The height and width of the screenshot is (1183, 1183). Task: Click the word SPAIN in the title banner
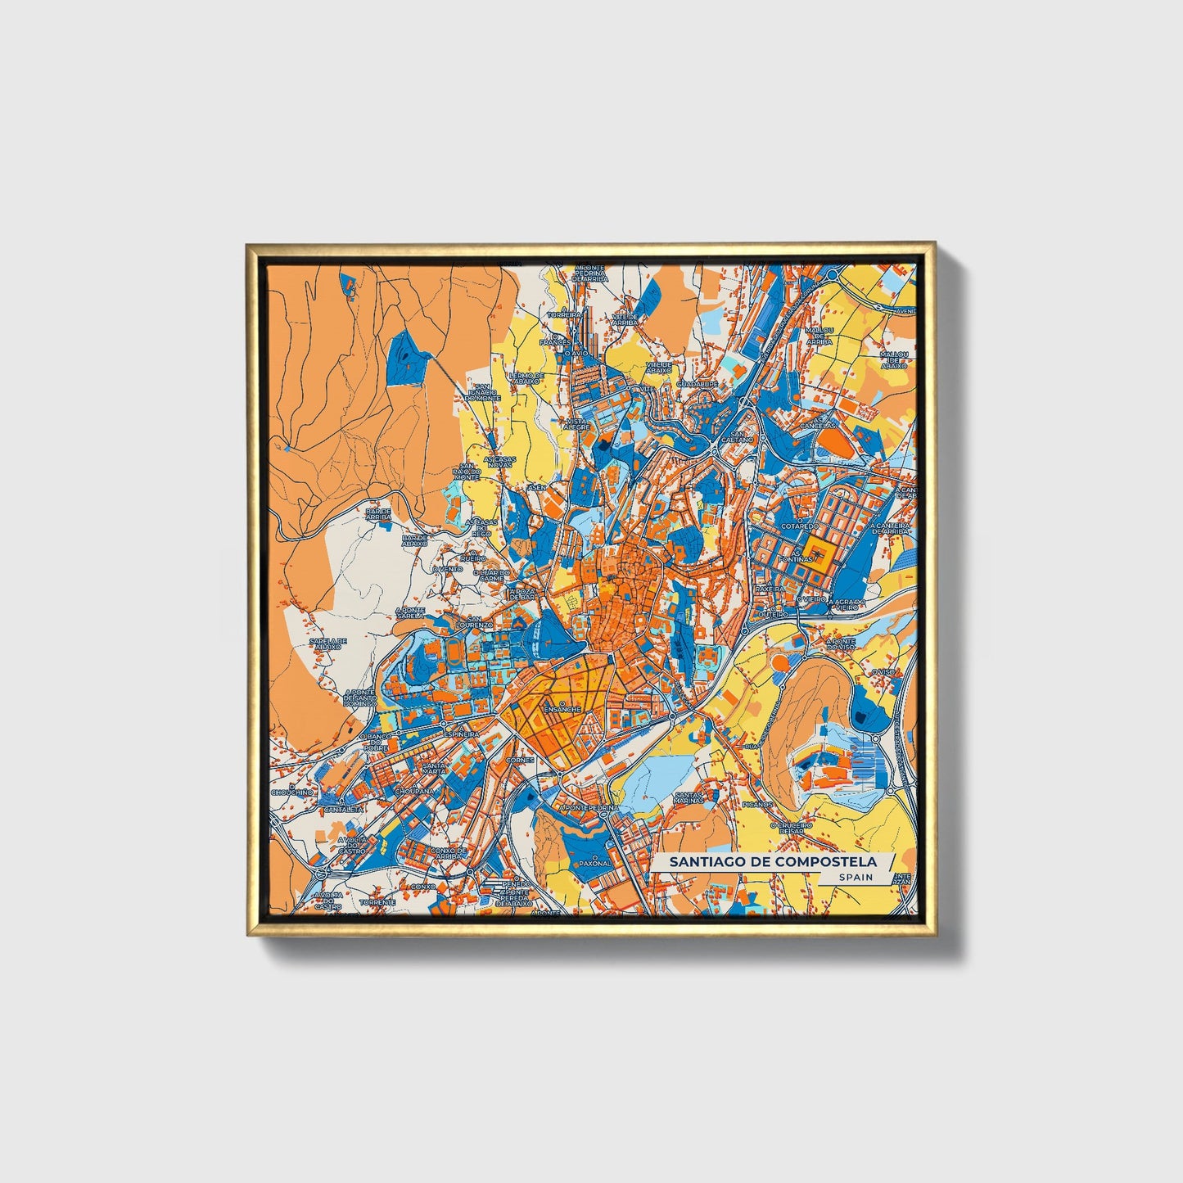click(856, 877)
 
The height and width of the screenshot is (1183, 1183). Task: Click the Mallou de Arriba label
click(818, 336)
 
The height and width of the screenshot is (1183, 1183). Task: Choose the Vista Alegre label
click(576, 424)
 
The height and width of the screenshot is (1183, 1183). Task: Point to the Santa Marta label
click(434, 769)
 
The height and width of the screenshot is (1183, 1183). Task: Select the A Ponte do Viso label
click(841, 643)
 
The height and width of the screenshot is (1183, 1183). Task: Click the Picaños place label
click(757, 805)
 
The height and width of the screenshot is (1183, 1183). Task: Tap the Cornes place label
click(521, 760)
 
